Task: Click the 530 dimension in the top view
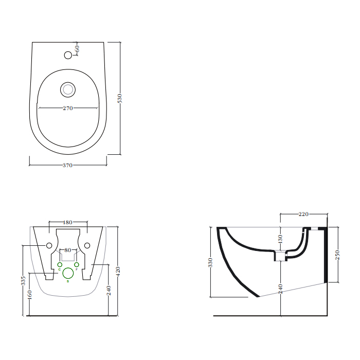coord(120,98)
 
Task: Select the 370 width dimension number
coord(67,165)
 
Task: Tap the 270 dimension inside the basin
coord(68,108)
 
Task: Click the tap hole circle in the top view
coord(68,55)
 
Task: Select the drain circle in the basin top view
coord(67,89)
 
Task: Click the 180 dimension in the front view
coord(67,222)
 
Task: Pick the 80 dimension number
coord(67,250)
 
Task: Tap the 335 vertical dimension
coord(23,281)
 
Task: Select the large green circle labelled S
coord(68,274)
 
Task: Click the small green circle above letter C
coord(60,264)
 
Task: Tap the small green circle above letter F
coord(76,264)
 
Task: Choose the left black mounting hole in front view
coord(49,245)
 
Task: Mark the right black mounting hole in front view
coord(87,245)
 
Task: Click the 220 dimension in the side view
coord(303,214)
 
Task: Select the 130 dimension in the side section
coord(280,239)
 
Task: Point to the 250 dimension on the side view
coord(338,255)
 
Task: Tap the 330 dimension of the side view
coord(210,262)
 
